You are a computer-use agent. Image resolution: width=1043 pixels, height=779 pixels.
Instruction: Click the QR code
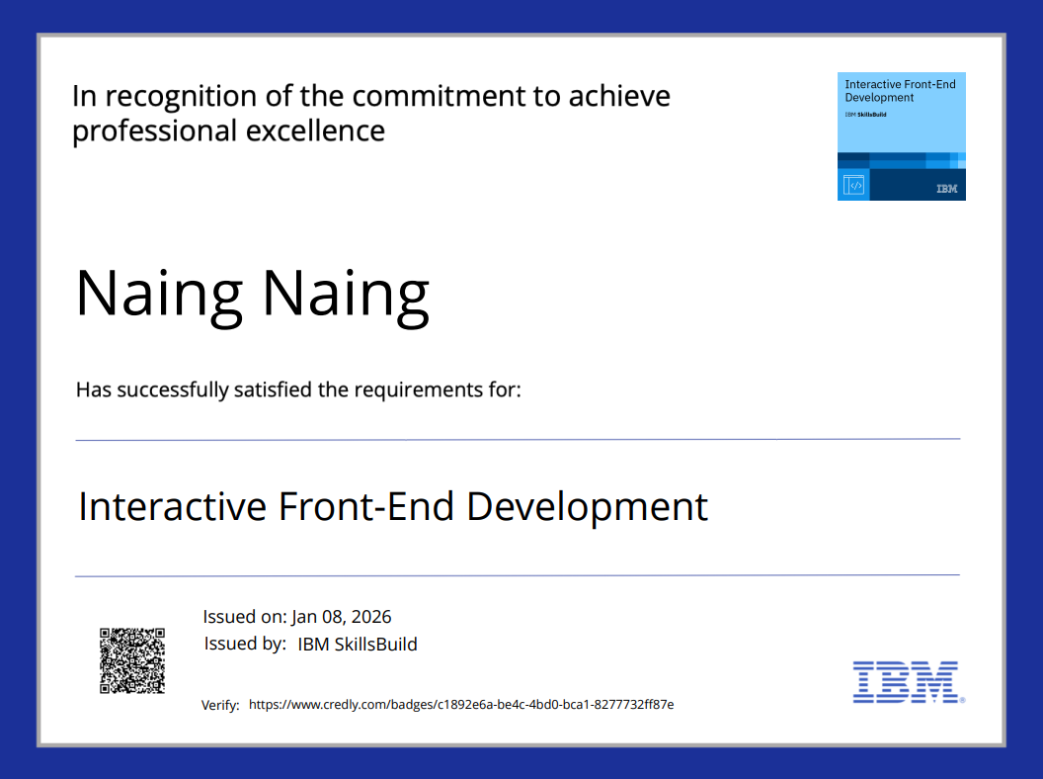pyautogui.click(x=132, y=660)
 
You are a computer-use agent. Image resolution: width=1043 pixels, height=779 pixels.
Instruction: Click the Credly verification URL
pyautogui.click(x=461, y=705)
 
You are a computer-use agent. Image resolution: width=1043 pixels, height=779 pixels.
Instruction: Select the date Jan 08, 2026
pyautogui.click(x=341, y=617)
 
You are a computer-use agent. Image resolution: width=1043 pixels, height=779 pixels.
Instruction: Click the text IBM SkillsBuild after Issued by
pyautogui.click(x=358, y=644)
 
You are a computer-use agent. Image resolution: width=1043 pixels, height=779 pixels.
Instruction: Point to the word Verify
pyautogui.click(x=220, y=705)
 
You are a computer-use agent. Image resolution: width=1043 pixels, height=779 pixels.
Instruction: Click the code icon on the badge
pyautogui.click(x=853, y=185)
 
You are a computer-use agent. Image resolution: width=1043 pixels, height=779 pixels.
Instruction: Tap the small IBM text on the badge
pyautogui.click(x=946, y=189)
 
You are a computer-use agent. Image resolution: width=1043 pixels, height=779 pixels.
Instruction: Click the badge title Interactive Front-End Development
pyautogui.click(x=900, y=91)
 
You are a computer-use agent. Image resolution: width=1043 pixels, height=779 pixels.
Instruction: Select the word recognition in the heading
pyautogui.click(x=181, y=97)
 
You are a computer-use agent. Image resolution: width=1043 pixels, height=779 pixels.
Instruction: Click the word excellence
pyautogui.click(x=315, y=130)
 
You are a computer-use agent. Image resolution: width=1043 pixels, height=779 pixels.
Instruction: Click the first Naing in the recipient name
pyautogui.click(x=160, y=294)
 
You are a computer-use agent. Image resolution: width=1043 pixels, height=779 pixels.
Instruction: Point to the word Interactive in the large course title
pyautogui.click(x=172, y=506)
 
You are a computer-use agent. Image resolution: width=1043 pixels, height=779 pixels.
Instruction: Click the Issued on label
pyautogui.click(x=245, y=617)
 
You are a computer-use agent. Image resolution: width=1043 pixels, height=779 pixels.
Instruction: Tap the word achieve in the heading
pyautogui.click(x=619, y=96)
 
